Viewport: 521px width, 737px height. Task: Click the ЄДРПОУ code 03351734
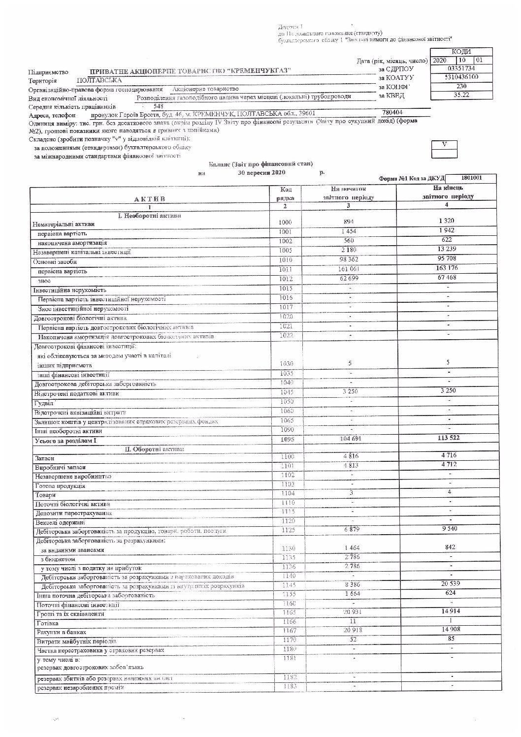(x=461, y=68)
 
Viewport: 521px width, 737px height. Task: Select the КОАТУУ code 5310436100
(x=461, y=77)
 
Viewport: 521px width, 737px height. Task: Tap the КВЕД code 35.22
(x=461, y=95)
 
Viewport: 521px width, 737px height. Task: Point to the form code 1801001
(x=472, y=178)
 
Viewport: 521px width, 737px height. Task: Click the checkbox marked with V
(x=444, y=144)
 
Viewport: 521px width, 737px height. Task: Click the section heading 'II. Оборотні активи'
(x=151, y=449)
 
